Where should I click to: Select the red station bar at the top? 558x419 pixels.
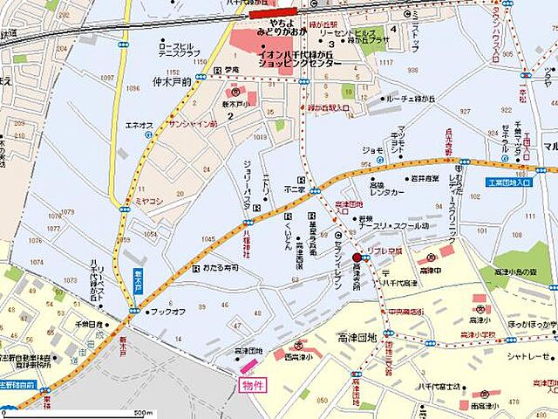tap(271, 13)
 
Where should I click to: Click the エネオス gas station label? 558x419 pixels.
tap(139, 125)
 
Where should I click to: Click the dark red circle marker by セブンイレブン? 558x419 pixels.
tap(357, 258)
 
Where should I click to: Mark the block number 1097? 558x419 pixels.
tap(107, 79)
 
